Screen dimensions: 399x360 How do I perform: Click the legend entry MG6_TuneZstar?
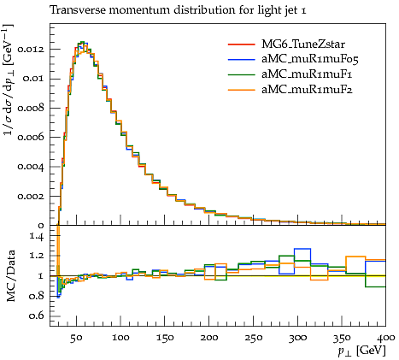coord(303,44)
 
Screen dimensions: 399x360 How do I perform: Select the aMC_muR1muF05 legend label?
coord(310,59)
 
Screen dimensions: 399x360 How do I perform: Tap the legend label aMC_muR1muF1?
coord(307,74)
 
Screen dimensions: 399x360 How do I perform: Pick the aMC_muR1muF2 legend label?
coord(307,90)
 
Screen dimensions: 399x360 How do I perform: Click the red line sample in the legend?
coord(241,44)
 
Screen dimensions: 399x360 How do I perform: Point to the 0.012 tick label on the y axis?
coord(31,50)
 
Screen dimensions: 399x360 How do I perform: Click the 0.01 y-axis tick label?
coord(33,79)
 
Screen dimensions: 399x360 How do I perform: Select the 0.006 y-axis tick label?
coord(31,137)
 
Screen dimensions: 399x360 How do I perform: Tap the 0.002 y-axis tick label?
coord(31,196)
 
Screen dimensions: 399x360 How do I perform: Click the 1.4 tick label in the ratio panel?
coord(37,237)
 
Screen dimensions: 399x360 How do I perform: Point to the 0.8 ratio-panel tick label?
coord(36,296)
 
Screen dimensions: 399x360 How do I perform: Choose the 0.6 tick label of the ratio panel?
coord(36,316)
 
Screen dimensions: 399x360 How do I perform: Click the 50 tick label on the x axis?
coord(76,338)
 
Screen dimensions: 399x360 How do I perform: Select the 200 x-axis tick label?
coord(209,338)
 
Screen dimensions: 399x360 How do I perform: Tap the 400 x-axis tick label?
coord(385,338)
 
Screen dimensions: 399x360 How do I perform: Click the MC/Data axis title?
coord(11,276)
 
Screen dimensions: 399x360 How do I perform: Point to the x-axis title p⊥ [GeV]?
coord(361,351)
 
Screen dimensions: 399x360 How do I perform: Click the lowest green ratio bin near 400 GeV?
coord(375,286)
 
